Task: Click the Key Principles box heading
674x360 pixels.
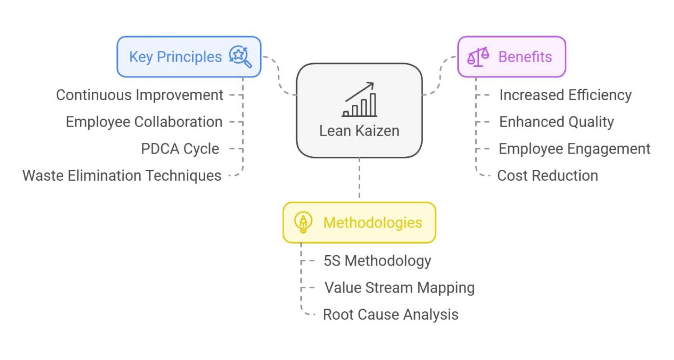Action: pyautogui.click(x=175, y=57)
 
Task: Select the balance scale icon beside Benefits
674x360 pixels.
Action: pyautogui.click(x=478, y=57)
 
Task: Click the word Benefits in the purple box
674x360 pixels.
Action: pyautogui.click(x=525, y=57)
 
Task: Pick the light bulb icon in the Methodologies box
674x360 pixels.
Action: pyautogui.click(x=303, y=222)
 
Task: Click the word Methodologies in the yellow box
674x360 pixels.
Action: pyautogui.click(x=373, y=223)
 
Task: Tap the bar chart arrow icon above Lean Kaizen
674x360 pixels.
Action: pyautogui.click(x=359, y=100)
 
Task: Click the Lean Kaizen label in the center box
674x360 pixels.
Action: pyautogui.click(x=359, y=131)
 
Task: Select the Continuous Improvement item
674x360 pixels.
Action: pyautogui.click(x=140, y=95)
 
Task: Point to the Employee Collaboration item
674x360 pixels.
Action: pyautogui.click(x=144, y=122)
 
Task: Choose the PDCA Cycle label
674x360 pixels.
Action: pyautogui.click(x=180, y=149)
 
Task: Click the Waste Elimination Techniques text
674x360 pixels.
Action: pyautogui.click(x=122, y=176)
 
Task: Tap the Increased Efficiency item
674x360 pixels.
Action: pyautogui.click(x=565, y=95)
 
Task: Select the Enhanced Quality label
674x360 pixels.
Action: pyautogui.click(x=557, y=122)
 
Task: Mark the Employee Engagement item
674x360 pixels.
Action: pyautogui.click(x=574, y=149)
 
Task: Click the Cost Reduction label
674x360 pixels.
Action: pyautogui.click(x=547, y=176)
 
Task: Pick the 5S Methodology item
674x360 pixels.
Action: pyautogui.click(x=377, y=261)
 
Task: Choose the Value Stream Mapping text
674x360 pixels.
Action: pyautogui.click(x=399, y=288)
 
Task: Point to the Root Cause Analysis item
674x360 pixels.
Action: pyautogui.click(x=391, y=315)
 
